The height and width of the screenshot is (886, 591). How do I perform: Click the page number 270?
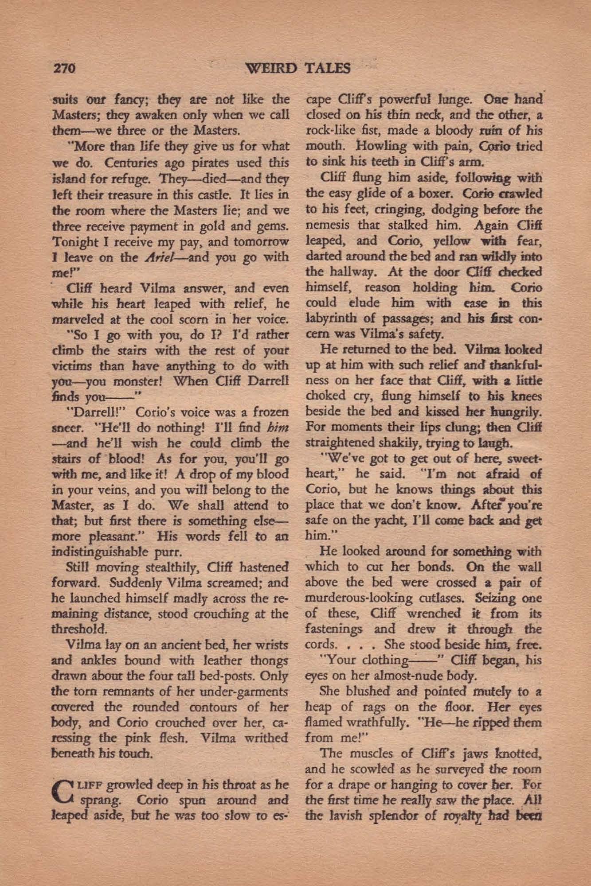point(66,69)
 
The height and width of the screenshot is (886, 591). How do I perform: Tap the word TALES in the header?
point(328,68)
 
